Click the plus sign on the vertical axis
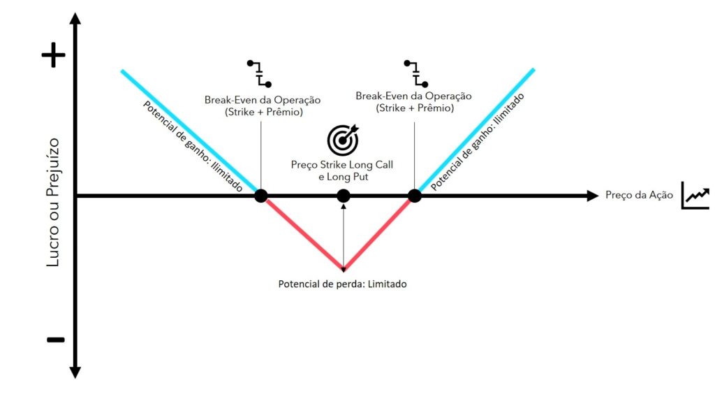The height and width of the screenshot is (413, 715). tap(53, 55)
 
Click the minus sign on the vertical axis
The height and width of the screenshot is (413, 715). tap(56, 340)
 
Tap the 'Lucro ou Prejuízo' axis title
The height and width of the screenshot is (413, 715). tap(53, 202)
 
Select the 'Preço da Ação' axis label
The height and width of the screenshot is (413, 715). tap(639, 196)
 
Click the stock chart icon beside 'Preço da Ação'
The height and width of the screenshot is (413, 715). tap(695, 196)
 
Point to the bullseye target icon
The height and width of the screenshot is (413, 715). tap(343, 140)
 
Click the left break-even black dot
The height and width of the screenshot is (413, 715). tap(261, 196)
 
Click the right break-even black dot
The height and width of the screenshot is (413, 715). tap(415, 196)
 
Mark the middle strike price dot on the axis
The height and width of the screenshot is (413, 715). tap(344, 196)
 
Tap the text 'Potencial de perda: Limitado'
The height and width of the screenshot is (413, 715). tap(342, 284)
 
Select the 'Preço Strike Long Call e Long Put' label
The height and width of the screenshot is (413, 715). tap(342, 171)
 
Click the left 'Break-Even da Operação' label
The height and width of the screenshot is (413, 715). tap(263, 100)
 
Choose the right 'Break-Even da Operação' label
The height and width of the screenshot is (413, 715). tap(413, 96)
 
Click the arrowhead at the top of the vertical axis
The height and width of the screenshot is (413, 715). tap(75, 18)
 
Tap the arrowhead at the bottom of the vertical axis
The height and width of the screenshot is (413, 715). tap(75, 372)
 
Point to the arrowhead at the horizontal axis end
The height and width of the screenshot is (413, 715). tap(592, 196)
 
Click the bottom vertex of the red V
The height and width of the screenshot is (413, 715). tap(344, 269)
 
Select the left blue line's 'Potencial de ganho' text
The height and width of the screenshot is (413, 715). tap(193, 147)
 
